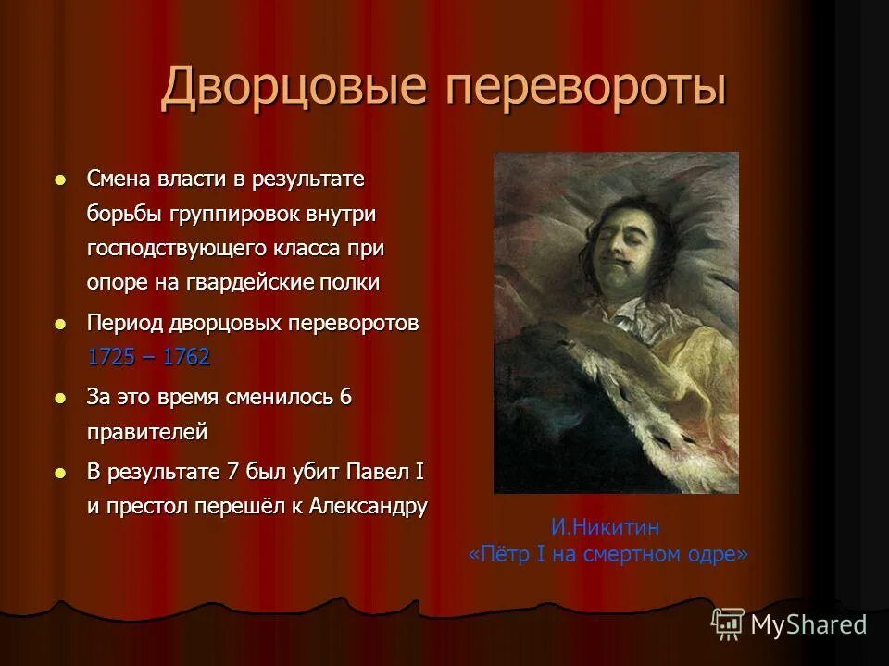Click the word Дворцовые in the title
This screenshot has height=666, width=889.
(294, 89)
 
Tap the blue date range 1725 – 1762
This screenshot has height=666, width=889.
(148, 357)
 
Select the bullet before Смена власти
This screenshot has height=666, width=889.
(61, 179)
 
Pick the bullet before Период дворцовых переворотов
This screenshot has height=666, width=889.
(61, 325)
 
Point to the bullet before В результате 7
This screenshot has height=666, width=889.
(61, 473)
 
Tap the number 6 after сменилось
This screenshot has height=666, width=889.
(345, 398)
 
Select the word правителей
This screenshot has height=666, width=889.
(147, 431)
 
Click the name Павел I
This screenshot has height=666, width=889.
(384, 472)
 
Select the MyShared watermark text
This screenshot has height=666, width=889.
(808, 624)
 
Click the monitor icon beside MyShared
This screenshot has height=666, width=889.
(728, 623)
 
